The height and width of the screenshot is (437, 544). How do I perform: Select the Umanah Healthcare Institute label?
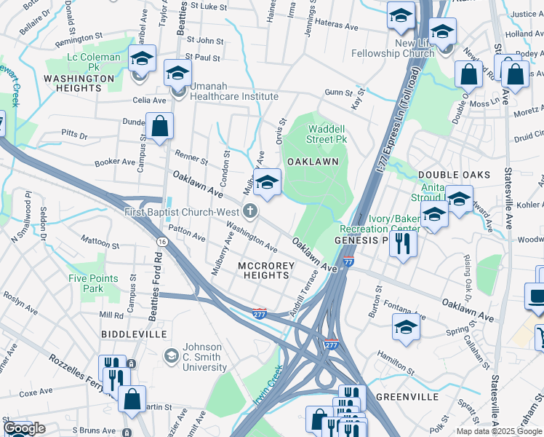click(x=234, y=96)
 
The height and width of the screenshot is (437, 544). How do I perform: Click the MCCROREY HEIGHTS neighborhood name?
click(x=266, y=270)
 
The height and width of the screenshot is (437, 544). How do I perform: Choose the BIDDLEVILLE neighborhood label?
click(x=135, y=334)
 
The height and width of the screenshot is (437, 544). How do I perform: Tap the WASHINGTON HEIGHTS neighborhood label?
click(x=79, y=83)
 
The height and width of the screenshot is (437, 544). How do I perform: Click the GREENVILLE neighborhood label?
click(x=407, y=397)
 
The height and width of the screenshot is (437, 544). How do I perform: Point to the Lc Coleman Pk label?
click(x=94, y=62)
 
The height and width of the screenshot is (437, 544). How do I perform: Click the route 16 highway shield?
click(x=159, y=240)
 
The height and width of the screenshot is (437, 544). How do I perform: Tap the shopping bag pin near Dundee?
click(x=159, y=127)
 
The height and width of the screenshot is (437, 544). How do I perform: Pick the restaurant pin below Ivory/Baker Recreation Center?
click(x=403, y=243)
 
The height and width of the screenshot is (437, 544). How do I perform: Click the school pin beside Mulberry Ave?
click(x=267, y=183)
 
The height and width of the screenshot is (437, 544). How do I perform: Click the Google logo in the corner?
click(x=24, y=429)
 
